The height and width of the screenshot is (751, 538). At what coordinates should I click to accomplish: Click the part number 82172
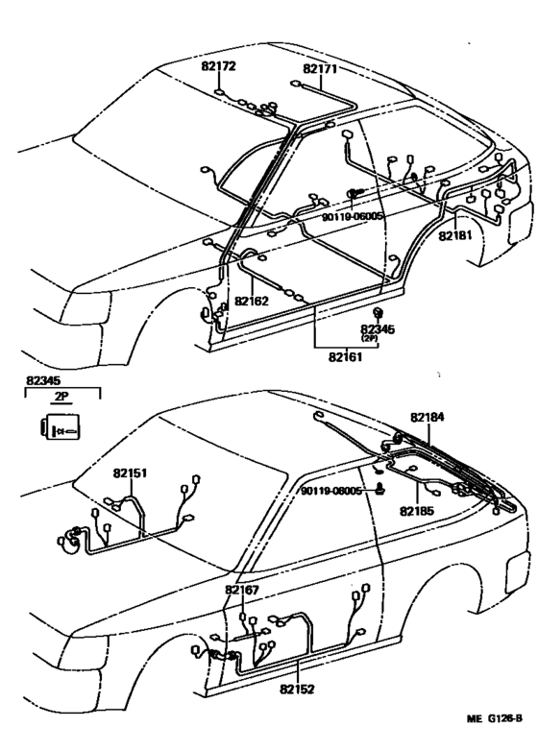[218, 66]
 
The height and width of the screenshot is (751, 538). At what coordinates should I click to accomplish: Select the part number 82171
[320, 69]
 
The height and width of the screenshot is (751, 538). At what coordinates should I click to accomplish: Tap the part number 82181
[454, 236]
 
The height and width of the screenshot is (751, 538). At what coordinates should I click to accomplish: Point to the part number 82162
[252, 301]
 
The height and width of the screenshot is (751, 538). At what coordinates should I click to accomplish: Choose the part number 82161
[346, 357]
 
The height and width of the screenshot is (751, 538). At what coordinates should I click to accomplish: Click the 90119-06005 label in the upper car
[353, 216]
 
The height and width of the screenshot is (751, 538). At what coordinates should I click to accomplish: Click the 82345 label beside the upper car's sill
[378, 329]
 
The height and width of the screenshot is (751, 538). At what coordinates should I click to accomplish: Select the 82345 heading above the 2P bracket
[43, 380]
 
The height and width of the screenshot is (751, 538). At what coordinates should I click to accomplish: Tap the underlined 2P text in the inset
[61, 397]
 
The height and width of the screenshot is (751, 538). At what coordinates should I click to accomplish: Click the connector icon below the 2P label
[61, 426]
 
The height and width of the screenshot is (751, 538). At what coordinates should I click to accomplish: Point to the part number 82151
[131, 473]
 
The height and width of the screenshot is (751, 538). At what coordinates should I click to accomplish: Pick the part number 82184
[427, 417]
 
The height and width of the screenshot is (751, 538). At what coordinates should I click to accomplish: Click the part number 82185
[417, 511]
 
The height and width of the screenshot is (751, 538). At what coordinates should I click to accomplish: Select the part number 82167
[242, 590]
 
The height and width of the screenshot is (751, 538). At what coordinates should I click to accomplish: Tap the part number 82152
[297, 690]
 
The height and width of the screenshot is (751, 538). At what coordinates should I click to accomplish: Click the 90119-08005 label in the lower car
[331, 491]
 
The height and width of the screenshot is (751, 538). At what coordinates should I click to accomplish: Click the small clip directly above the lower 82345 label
[378, 313]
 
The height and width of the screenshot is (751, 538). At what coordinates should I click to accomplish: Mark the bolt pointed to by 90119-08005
[380, 490]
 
